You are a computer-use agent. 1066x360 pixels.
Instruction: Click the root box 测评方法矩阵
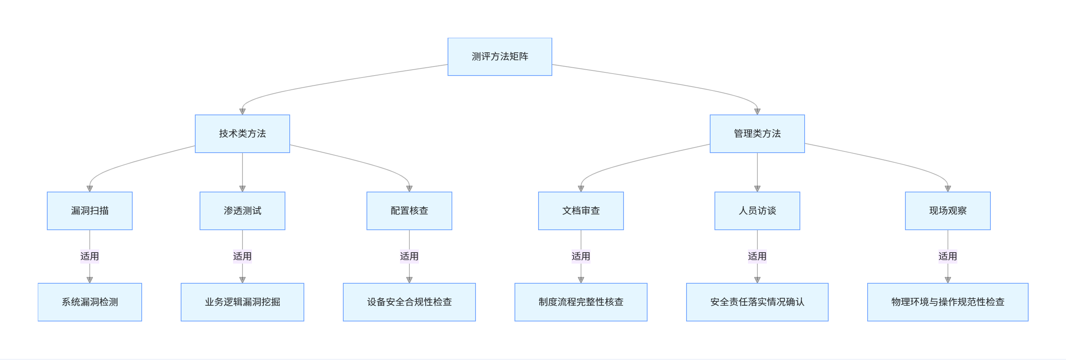pos(500,57)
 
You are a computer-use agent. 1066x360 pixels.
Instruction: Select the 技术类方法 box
pos(242,134)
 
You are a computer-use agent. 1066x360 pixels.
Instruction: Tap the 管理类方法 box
pos(757,134)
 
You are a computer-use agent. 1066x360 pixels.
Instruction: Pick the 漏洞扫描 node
pos(89,210)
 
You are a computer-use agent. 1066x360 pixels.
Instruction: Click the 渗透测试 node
pos(242,210)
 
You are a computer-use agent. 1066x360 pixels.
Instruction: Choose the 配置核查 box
pos(409,210)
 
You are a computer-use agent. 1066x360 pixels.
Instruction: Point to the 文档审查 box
pos(581,210)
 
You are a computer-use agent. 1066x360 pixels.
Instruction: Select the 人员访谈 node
pos(757,210)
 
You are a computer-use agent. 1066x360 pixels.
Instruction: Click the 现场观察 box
pos(947,210)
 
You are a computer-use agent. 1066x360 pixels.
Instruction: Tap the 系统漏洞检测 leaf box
pos(89,302)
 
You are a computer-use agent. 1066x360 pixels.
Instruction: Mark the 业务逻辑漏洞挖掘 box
pos(242,302)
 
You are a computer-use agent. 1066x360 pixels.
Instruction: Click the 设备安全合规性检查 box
pos(409,302)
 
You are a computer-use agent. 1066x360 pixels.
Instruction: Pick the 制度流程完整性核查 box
pos(581,302)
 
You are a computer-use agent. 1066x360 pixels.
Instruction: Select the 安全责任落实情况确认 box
pos(757,302)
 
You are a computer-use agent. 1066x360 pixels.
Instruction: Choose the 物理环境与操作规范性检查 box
pos(947,302)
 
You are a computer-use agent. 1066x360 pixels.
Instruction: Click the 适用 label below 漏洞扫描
pos(89,257)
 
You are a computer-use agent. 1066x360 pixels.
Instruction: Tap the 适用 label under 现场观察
pos(947,257)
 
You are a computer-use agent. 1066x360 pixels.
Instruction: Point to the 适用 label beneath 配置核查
pos(409,257)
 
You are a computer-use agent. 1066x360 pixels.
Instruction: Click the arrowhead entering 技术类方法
pos(242,111)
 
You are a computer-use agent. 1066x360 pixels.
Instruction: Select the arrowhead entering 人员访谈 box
pos(757,189)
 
